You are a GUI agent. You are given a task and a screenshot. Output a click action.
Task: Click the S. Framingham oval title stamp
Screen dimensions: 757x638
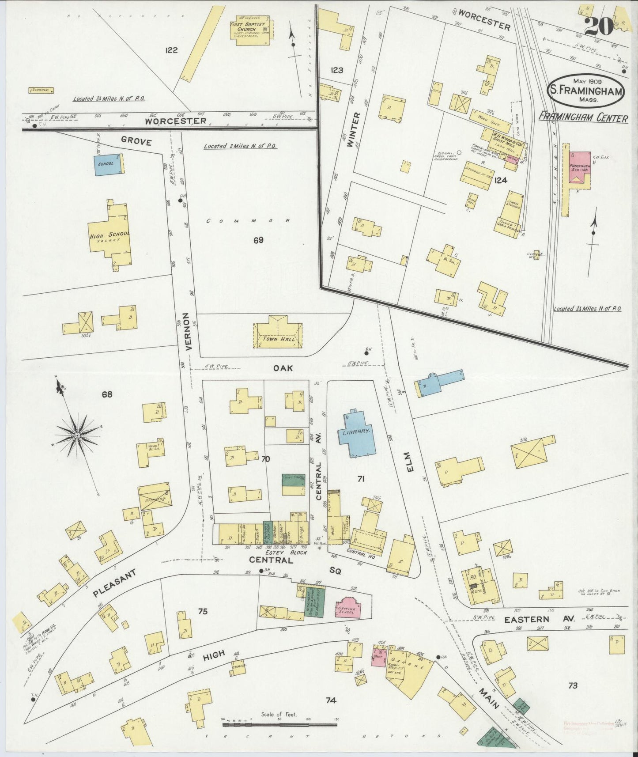(x=586, y=90)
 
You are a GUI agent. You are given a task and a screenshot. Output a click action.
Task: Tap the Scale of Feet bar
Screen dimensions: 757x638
(x=279, y=724)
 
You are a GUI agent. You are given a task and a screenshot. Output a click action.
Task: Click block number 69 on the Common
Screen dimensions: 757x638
(x=258, y=240)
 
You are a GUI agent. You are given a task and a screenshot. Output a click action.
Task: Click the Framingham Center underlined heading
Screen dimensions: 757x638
(x=583, y=118)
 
